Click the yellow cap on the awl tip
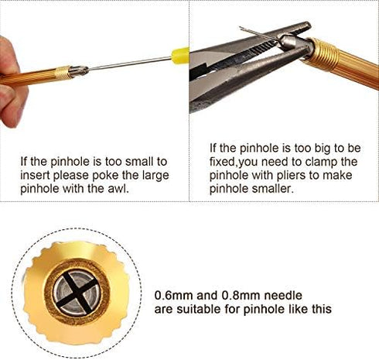(x=180, y=54)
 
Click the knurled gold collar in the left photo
(x=63, y=73)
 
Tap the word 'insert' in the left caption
(x=35, y=175)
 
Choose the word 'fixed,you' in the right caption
(x=234, y=162)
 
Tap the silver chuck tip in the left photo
(x=79, y=70)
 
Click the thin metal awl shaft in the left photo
(x=130, y=63)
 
